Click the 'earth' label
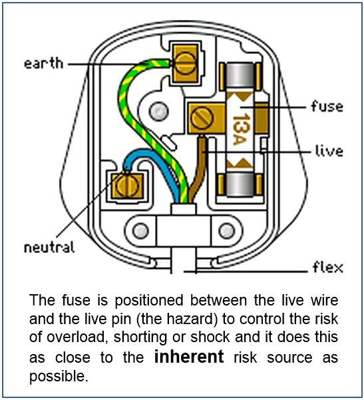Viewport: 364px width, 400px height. (43, 63)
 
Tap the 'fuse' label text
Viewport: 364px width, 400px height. (327, 106)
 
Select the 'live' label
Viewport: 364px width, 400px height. (329, 150)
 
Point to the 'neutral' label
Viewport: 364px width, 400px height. (49, 247)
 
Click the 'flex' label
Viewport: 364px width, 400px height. (328, 267)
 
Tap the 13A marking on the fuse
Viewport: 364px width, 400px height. (240, 129)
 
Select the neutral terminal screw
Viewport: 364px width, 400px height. (127, 186)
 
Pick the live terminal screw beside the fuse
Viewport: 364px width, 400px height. (202, 118)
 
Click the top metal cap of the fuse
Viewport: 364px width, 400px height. (240, 76)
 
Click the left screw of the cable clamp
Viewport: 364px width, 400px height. (140, 230)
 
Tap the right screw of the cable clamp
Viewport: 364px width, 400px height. (227, 230)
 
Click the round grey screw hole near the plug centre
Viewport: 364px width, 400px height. (158, 111)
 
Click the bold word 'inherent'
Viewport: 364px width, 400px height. (189, 356)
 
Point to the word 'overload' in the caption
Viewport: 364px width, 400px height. (76, 337)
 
